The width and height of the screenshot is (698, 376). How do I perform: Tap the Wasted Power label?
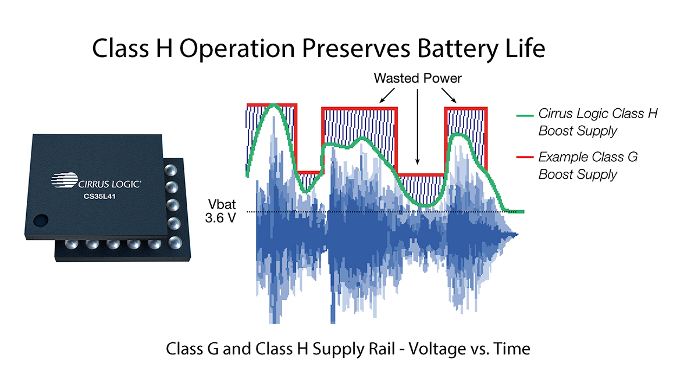[418, 78]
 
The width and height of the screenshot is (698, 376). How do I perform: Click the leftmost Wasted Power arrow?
[387, 95]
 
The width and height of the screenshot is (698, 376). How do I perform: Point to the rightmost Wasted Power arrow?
[448, 95]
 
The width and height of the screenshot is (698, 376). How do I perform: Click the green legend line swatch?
[525, 116]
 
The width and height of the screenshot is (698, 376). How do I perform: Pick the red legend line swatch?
[525, 157]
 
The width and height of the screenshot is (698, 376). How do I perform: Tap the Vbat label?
[222, 204]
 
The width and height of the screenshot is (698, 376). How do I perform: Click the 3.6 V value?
[220, 218]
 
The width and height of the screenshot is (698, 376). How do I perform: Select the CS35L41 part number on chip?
[99, 196]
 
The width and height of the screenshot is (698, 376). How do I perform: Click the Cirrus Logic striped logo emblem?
[65, 180]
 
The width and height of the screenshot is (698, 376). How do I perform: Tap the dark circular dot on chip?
[41, 221]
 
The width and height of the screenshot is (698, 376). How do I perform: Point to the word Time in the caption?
[512, 349]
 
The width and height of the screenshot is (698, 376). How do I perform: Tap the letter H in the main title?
[164, 48]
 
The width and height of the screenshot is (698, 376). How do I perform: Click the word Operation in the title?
[237, 49]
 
